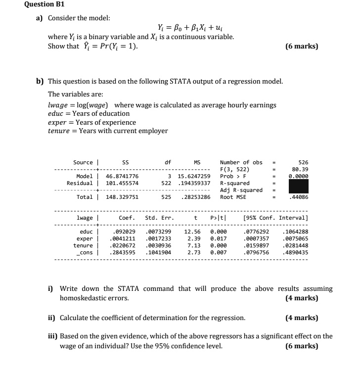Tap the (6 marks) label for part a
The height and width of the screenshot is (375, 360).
point(302,47)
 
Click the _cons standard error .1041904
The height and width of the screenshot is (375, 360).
point(158,252)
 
